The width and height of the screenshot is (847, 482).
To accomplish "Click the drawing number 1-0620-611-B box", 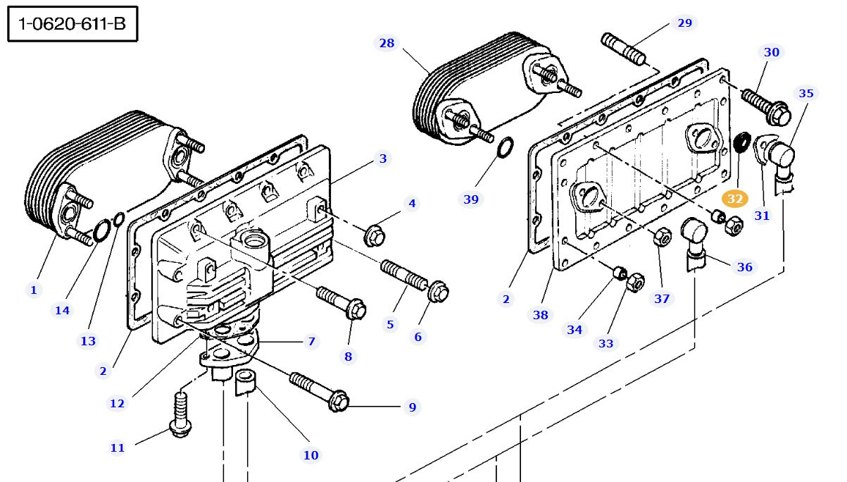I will tap(72, 25).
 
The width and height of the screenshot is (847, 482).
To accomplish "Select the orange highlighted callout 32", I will tap(735, 199).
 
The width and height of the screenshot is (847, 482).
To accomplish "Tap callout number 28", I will tap(387, 43).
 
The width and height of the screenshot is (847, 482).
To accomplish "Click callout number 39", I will tap(471, 199).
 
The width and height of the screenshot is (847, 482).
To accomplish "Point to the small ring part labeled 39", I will tap(505, 149).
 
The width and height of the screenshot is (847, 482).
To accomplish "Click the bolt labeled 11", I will tap(179, 416).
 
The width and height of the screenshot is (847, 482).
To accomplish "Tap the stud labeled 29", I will tap(623, 47).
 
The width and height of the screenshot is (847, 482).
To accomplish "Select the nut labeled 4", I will tap(374, 236).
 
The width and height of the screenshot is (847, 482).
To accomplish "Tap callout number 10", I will tap(310, 455).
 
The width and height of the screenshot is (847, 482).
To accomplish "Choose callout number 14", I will tap(62, 310).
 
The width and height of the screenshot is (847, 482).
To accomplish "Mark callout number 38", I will tap(540, 315).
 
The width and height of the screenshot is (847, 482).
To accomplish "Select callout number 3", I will tap(383, 159).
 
